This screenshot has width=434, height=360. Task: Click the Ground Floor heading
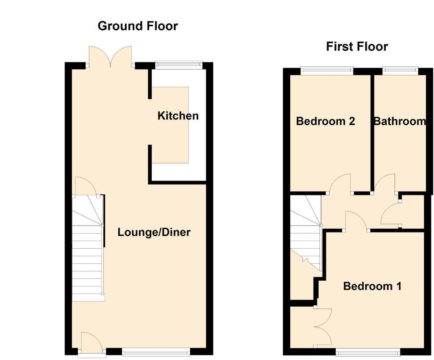(x=138, y=26)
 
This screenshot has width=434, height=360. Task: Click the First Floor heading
(x=357, y=46)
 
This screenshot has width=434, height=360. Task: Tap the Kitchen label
(x=178, y=116)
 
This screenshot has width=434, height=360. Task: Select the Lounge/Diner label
(x=154, y=232)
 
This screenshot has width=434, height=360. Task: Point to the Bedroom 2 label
(x=325, y=122)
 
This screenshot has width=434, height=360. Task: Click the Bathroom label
(x=400, y=122)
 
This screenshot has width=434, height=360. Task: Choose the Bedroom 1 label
(x=372, y=286)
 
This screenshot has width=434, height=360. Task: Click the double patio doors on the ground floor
(x=111, y=57)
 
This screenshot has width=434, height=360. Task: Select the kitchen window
(x=178, y=64)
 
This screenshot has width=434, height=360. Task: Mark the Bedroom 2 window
(x=327, y=70)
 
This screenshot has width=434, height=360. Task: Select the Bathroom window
(x=400, y=70)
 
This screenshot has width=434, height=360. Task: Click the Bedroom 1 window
(x=368, y=351)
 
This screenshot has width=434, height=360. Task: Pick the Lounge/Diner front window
(x=156, y=351)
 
